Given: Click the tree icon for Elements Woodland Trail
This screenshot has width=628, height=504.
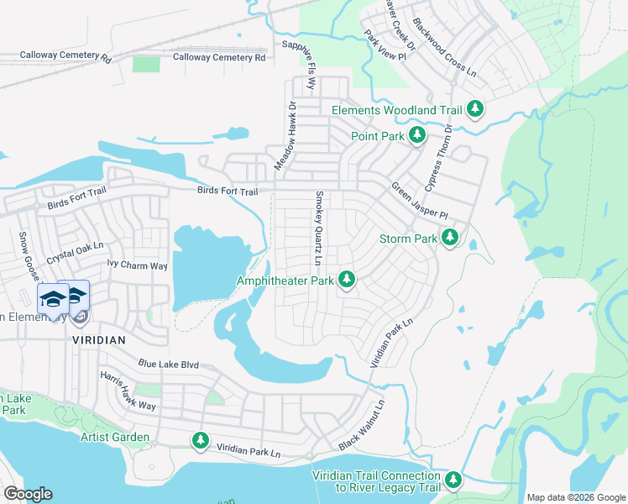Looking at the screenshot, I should pyautogui.click(x=475, y=109).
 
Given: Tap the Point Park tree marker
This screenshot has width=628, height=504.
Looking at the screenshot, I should pyautogui.click(x=417, y=135).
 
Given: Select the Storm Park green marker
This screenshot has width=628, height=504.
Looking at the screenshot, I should pyautogui.click(x=450, y=238).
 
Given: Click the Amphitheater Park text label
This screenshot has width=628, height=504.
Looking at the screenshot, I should pyautogui.click(x=285, y=280).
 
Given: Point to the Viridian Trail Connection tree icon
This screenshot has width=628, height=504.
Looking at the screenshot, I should pyautogui.click(x=453, y=480).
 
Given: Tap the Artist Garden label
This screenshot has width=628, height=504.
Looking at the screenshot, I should pyautogui.click(x=115, y=437).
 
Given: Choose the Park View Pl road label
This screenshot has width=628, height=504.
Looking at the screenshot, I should pyautogui.click(x=385, y=46).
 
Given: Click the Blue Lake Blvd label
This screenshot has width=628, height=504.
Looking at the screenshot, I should pyautogui.click(x=169, y=365).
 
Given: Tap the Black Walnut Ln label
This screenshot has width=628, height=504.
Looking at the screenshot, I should pyautogui.click(x=362, y=424).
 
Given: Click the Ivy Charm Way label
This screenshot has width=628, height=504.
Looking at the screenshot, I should pyautogui.click(x=137, y=265).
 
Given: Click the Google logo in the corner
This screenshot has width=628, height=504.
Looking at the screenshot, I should pyautogui.click(x=28, y=493).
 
